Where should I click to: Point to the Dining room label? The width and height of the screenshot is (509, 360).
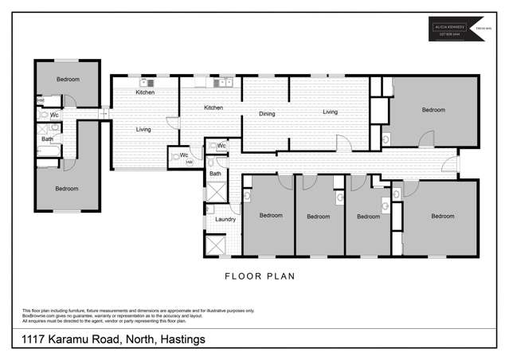coord(267,114)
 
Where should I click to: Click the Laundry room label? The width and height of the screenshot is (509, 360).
coord(225,219)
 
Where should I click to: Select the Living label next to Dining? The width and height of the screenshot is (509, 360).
coord(330,112)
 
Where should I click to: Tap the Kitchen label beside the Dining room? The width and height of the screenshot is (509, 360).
coord(213,108)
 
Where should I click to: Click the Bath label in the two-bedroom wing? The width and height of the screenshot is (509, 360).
coord(47,139)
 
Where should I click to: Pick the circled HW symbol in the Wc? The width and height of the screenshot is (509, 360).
coord(190,162)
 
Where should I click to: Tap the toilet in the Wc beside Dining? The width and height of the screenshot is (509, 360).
coord(211,147)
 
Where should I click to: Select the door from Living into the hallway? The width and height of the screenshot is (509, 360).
coord(344,144)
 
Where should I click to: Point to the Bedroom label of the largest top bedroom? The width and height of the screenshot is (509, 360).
coord(433,110)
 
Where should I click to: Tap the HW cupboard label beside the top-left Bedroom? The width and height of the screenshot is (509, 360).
coord(40,100)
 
